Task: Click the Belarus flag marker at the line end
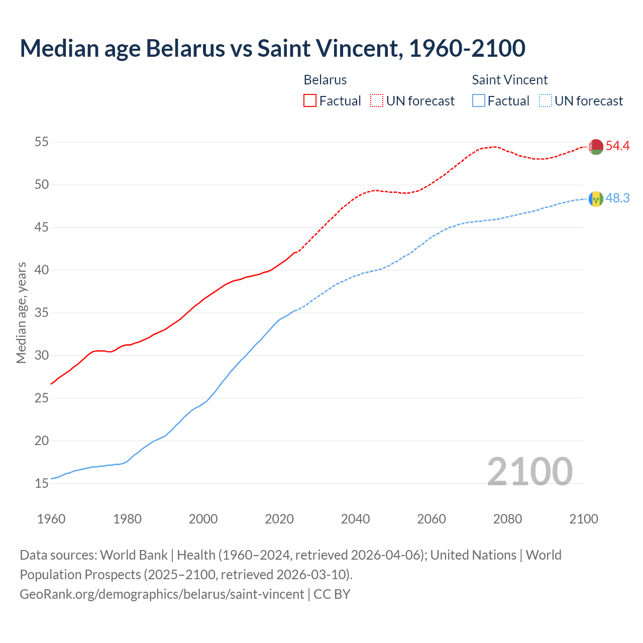[x=596, y=147]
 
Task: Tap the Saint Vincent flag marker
[x=596, y=199]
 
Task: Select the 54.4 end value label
[x=617, y=146]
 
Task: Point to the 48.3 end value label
[x=617, y=198]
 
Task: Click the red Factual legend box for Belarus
[x=310, y=101]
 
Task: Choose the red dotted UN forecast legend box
[x=377, y=101]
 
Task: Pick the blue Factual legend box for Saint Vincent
[x=479, y=101]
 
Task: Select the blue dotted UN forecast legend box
[x=546, y=101]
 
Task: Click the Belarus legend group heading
[x=325, y=80]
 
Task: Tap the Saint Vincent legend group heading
[x=509, y=80]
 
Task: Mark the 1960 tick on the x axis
[x=51, y=519]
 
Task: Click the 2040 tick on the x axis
[x=355, y=519]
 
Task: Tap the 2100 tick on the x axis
[x=584, y=519]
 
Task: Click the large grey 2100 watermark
[x=529, y=471]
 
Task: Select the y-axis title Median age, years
[x=21, y=312]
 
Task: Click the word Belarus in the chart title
[x=185, y=48]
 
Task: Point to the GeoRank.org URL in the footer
[x=162, y=594]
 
